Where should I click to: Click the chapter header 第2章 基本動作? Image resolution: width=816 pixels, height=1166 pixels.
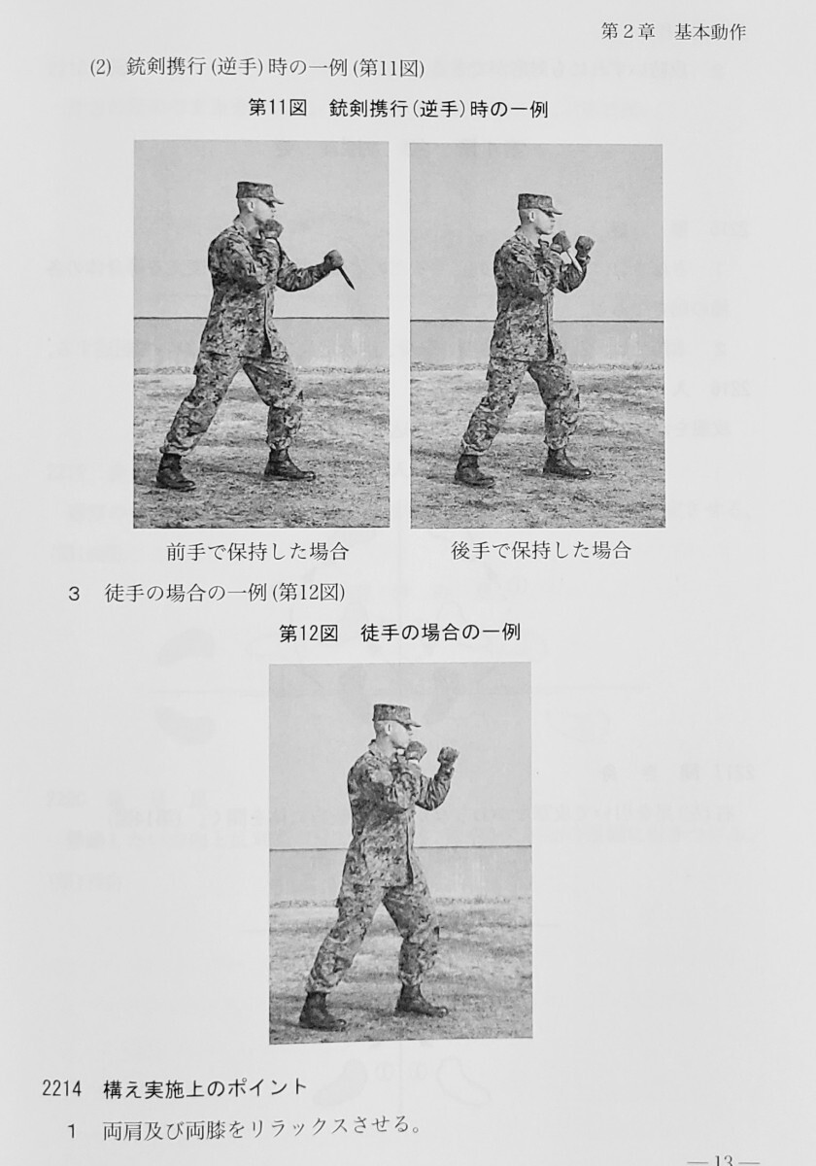coord(673,31)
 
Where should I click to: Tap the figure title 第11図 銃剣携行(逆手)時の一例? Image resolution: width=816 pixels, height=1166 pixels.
coord(398,109)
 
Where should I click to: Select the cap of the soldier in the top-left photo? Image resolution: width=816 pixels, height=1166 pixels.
coord(256,191)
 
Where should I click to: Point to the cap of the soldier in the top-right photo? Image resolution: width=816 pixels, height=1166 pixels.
coord(539,202)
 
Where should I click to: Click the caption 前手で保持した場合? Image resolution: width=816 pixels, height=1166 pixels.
coord(257,552)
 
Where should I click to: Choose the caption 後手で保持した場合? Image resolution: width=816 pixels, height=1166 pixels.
coord(541,551)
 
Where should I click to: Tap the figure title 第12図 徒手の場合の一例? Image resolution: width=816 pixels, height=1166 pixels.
coord(399,633)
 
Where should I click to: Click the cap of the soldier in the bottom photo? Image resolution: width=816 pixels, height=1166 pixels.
coord(394,715)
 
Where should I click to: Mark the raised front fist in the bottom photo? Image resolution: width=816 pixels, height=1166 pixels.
coord(447,756)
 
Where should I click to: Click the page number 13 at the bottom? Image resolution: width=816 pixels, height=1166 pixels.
coord(723,1158)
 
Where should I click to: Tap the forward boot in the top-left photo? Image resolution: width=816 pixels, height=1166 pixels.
coord(289,467)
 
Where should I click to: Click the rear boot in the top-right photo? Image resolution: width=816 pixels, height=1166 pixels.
coord(473,470)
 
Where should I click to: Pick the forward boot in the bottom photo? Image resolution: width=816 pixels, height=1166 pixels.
coord(420,1002)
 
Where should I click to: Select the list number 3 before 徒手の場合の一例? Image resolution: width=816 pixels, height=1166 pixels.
coord(74,594)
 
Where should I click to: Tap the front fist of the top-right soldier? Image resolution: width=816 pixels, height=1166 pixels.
coord(584,245)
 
